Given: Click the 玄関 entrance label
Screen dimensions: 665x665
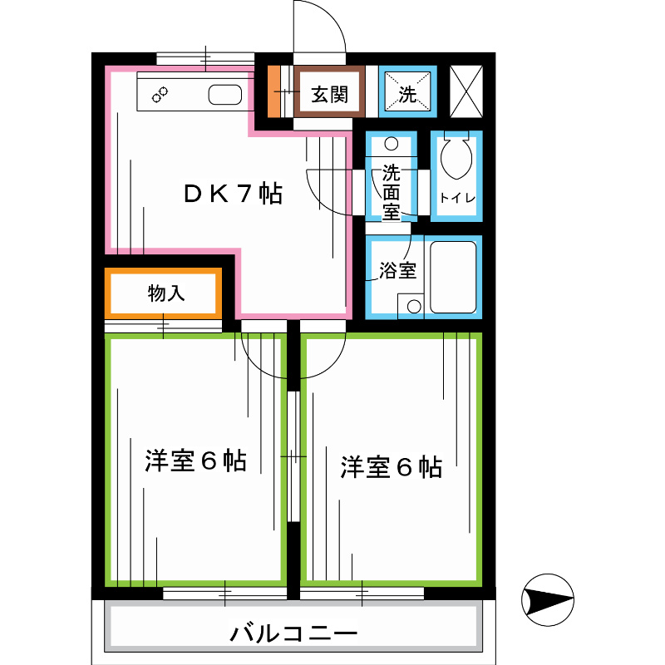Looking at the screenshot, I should click(x=329, y=95).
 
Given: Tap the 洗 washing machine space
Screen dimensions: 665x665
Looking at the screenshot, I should click(x=406, y=94).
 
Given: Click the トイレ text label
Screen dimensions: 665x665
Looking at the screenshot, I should click(x=456, y=198).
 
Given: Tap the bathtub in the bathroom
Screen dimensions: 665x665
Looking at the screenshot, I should click(x=453, y=277).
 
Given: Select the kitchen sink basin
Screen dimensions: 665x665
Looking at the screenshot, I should click(x=224, y=94).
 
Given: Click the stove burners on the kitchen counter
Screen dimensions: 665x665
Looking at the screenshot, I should click(x=159, y=95).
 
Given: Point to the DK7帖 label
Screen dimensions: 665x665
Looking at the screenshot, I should click(x=234, y=194).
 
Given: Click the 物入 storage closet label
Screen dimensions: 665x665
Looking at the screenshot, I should click(x=165, y=293).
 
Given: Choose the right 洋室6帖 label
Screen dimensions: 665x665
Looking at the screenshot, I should click(x=391, y=467).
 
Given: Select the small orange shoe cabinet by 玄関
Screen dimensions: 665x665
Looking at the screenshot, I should click(x=273, y=91).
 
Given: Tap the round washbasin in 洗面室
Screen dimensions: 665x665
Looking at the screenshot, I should click(x=392, y=144).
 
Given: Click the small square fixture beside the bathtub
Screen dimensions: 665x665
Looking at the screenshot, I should click(x=411, y=305).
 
